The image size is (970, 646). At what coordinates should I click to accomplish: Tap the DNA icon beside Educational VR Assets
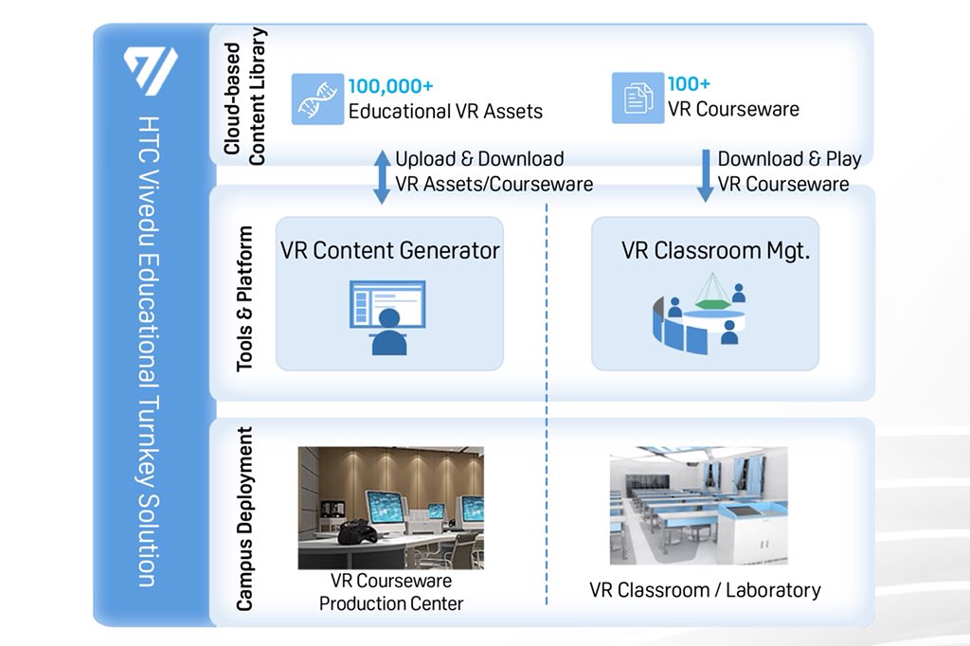317,99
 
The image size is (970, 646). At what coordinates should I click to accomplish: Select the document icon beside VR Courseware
638,99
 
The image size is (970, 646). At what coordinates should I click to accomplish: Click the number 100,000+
390,86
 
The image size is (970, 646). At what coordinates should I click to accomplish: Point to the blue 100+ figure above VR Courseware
689,84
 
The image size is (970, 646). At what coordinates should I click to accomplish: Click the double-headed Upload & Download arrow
382,176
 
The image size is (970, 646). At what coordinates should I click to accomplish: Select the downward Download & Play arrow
705,175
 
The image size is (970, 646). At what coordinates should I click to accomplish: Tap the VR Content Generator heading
389,251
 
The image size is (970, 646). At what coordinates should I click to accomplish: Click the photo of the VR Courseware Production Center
390,508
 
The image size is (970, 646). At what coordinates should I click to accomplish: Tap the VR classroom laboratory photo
698,507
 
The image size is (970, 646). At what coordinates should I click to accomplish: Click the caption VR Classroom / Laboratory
705,590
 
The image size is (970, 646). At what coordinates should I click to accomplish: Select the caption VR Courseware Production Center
390,592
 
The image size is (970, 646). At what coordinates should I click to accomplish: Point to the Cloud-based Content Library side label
244,97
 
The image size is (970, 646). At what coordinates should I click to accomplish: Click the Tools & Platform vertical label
244,297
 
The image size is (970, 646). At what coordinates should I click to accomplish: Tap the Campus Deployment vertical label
244,519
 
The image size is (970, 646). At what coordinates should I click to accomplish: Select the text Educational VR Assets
445,111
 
